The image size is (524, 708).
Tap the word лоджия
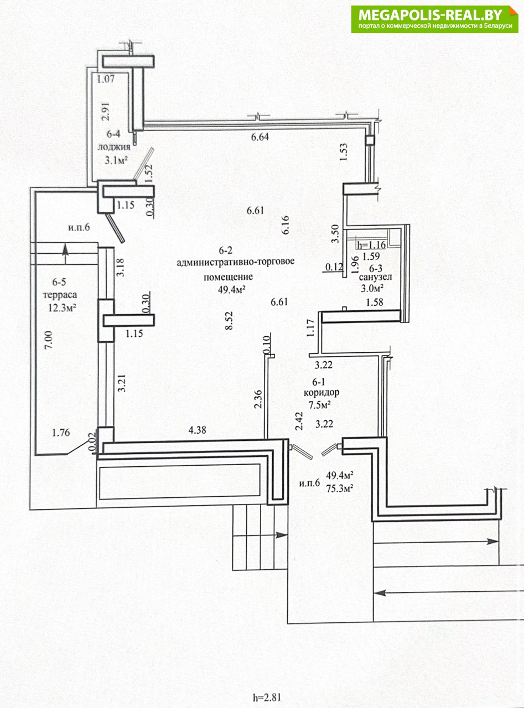tap(114, 147)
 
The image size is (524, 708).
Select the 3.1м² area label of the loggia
tap(116, 160)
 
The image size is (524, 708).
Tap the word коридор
tap(321, 392)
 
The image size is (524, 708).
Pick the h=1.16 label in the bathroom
tap(371, 244)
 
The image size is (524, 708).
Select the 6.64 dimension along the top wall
tap(260, 137)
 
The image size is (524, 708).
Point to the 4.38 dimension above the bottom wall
tap(198, 429)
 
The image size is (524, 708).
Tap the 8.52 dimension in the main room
tap(229, 320)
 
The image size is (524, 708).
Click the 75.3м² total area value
tap(340, 488)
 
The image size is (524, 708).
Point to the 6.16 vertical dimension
tap(286, 225)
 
